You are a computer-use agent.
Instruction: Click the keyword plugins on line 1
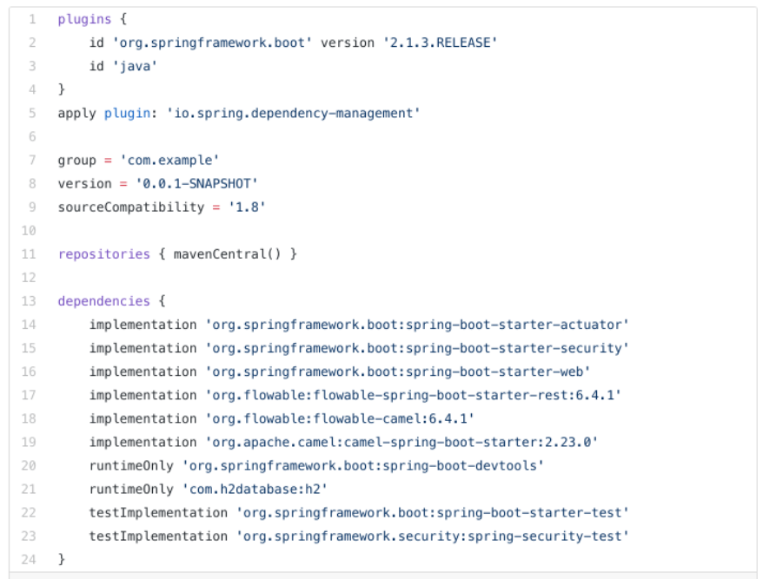pos(84,19)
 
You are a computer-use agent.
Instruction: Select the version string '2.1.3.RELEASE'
pos(440,43)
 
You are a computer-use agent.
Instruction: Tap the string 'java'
pos(135,66)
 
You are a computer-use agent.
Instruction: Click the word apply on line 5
pos(76,113)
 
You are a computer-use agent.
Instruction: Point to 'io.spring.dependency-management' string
pos(294,113)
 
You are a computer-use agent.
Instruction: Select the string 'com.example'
pos(169,160)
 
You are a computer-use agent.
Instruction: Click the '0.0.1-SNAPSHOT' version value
pos(196,184)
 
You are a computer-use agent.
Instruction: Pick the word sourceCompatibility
pos(131,207)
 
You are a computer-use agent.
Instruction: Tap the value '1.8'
pos(247,207)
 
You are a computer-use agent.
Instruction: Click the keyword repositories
pos(103,254)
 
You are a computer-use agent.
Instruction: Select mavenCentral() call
pos(227,254)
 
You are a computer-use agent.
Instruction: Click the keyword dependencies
pos(103,301)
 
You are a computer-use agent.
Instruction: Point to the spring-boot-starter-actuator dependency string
pos(417,325)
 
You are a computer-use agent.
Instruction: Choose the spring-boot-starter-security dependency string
pos(417,348)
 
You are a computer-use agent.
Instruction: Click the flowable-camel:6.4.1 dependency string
pos(340,418)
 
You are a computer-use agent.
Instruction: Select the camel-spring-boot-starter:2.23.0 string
pos(401,443)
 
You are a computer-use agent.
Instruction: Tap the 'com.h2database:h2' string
pos(255,489)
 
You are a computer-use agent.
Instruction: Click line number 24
pos(29,560)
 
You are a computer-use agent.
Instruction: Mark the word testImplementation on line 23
pos(158,536)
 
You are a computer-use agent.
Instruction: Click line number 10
pos(29,230)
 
